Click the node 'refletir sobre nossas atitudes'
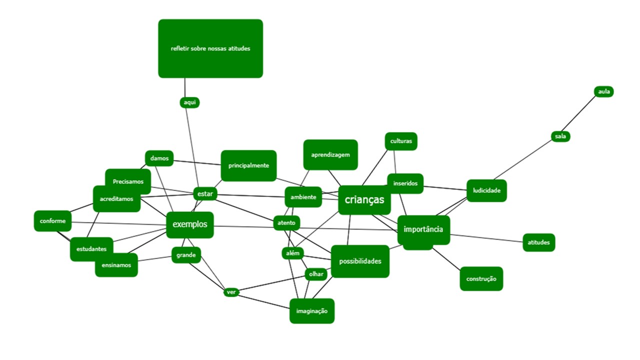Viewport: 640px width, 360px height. click(210, 48)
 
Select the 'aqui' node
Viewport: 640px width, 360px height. click(189, 102)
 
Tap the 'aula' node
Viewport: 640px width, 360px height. click(604, 91)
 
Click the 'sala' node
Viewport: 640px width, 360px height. click(561, 136)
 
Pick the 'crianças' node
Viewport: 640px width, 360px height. click(364, 200)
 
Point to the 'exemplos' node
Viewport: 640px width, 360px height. click(190, 224)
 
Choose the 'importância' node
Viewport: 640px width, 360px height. click(423, 229)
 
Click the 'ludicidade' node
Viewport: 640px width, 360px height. click(486, 190)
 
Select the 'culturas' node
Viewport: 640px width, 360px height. click(401, 141)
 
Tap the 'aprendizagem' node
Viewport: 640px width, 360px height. click(330, 154)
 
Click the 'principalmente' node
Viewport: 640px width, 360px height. click(248, 165)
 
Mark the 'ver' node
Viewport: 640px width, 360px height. click(231, 292)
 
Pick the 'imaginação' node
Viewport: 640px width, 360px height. click(312, 311)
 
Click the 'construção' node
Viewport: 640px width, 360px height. click(481, 278)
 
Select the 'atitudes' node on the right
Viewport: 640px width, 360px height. click(538, 242)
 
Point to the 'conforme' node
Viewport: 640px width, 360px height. click(52, 221)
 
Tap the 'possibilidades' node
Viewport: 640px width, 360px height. click(360, 261)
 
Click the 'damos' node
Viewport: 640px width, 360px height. click(159, 158)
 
